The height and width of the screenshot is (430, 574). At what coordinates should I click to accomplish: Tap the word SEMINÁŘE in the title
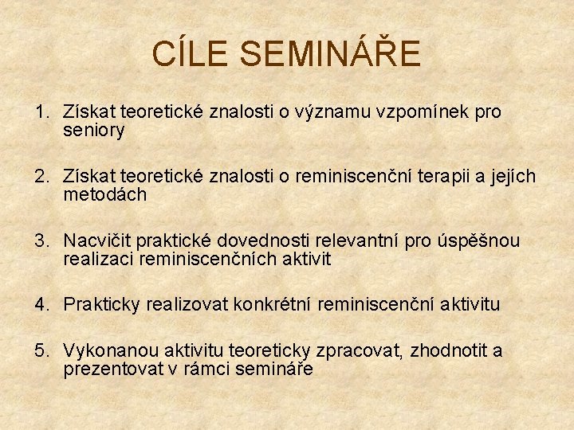[x=330, y=54]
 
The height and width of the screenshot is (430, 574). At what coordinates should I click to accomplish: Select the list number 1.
[x=41, y=112]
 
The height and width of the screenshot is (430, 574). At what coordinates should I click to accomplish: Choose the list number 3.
[x=41, y=240]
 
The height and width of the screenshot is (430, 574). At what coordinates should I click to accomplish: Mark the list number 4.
[x=41, y=304]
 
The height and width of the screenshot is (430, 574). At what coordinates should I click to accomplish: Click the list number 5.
[x=41, y=351]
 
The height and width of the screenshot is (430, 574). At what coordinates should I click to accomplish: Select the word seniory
[x=93, y=131]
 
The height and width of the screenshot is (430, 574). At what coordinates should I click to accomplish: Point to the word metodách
[x=104, y=195]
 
